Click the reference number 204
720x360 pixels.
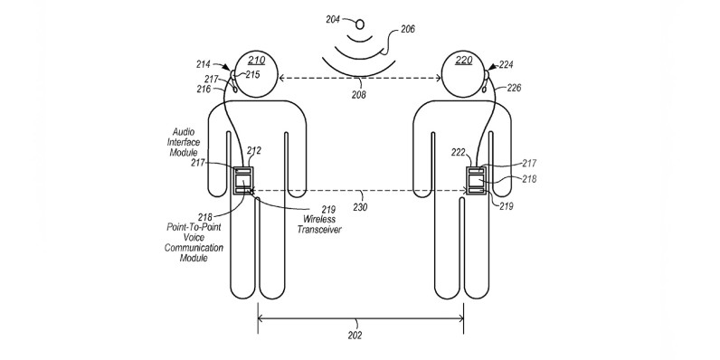333,20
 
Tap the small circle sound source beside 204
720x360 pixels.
361,23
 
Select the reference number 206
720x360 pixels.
408,29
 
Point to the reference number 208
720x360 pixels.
359,96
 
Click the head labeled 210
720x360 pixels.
256,74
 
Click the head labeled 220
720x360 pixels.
464,74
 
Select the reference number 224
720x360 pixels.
506,65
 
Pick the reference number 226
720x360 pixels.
514,88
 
